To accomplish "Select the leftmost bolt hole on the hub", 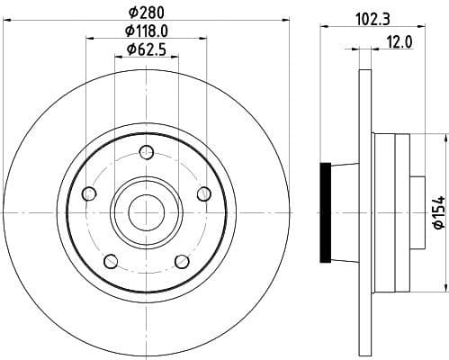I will point(88,193).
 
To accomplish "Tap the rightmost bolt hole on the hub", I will point(203,193).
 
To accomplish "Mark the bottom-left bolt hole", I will point(111,261).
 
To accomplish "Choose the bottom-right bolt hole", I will point(182,261).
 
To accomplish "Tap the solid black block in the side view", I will point(326,212).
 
